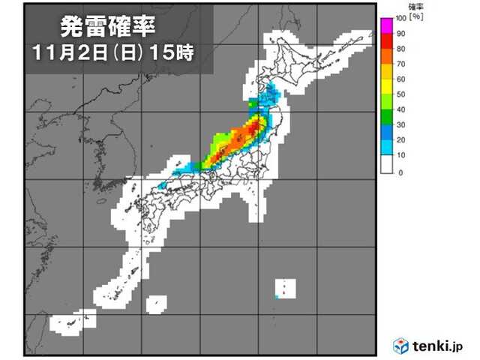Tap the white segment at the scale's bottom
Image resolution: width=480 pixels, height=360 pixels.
(387, 164)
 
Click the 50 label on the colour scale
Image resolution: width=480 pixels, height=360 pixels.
(401, 94)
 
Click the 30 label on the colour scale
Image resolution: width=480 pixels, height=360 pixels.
(401, 126)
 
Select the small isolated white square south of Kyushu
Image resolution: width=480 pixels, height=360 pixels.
(154, 303)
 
